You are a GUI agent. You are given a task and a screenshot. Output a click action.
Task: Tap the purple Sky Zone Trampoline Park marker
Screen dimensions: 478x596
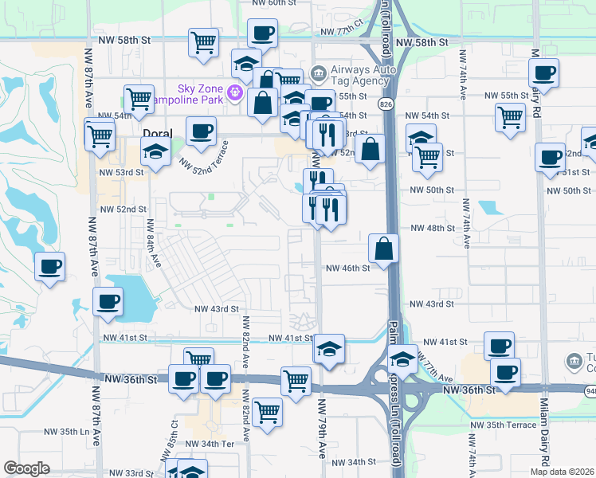235,93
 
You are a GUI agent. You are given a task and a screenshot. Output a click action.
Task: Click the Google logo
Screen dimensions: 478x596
25,468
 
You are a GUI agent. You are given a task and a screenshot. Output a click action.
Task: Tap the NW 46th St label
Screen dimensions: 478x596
347,268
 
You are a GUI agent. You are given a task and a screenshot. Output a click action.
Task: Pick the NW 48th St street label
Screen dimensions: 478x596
431,228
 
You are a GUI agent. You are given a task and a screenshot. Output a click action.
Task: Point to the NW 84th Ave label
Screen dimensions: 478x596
153,249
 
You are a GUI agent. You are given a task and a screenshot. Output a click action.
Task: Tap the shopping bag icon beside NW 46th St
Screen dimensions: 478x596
384,248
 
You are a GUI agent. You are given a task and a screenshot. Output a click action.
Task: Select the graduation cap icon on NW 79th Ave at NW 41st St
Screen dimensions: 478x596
328,349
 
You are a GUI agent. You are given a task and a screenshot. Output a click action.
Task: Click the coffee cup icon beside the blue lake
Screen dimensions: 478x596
108,301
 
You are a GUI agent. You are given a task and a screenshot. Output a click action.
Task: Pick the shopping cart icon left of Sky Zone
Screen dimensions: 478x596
139,99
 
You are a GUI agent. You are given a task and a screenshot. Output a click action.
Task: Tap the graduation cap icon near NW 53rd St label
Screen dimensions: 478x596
155,151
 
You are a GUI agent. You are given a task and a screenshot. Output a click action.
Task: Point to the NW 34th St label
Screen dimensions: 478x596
353,462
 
